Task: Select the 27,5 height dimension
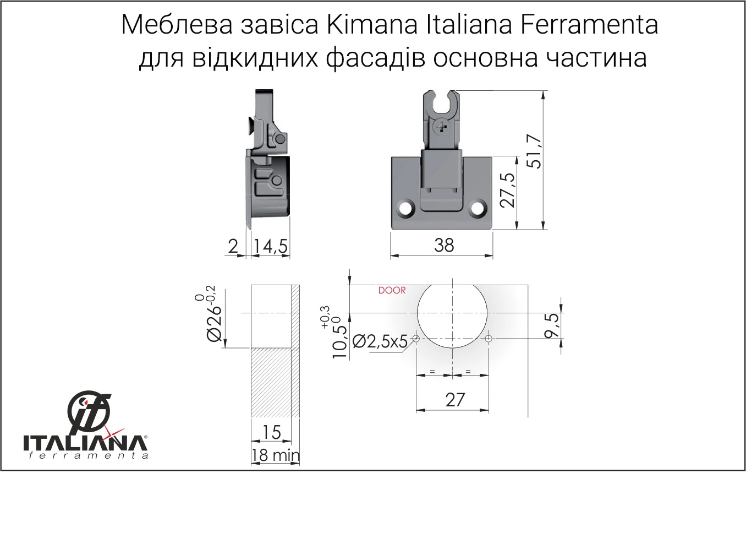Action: (x=508, y=190)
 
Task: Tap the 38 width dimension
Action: (x=444, y=245)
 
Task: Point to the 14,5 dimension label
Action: (x=271, y=247)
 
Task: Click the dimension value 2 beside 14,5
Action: (x=233, y=246)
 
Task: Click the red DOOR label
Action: (x=392, y=290)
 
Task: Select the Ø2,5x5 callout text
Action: (x=380, y=342)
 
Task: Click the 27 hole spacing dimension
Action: (x=455, y=400)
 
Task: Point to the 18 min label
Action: (x=276, y=455)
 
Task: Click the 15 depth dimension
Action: (x=271, y=433)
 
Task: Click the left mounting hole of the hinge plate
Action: (x=407, y=209)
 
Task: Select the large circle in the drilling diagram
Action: (x=453, y=312)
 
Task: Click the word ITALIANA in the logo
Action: (x=84, y=443)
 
